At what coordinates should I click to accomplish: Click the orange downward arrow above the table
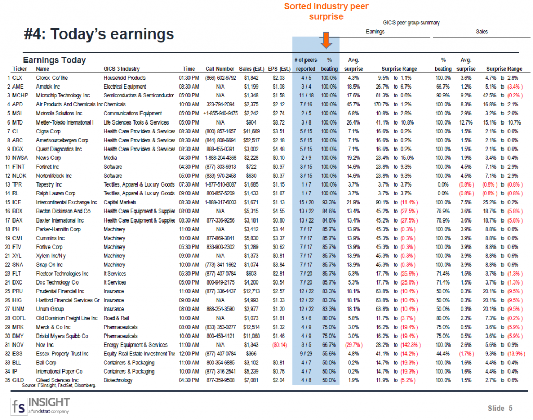click(x=326, y=41)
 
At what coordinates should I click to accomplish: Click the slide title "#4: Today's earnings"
click(x=99, y=34)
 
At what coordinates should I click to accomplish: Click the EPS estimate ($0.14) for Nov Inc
click(x=280, y=344)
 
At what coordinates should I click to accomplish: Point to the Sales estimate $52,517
click(x=252, y=140)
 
